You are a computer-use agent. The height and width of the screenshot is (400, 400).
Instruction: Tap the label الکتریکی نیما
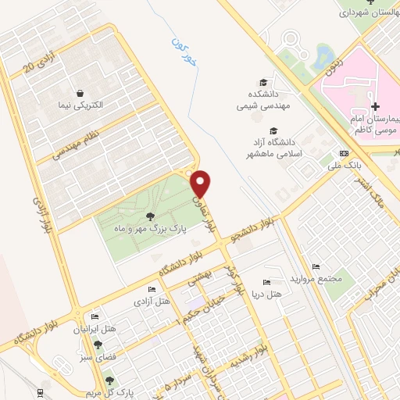tap(99, 104)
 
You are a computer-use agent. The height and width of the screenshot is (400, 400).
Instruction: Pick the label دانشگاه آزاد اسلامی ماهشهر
tap(274, 148)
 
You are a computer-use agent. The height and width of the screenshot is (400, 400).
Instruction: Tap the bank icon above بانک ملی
tap(343, 152)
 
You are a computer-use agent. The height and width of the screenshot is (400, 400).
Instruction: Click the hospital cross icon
tap(375, 106)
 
